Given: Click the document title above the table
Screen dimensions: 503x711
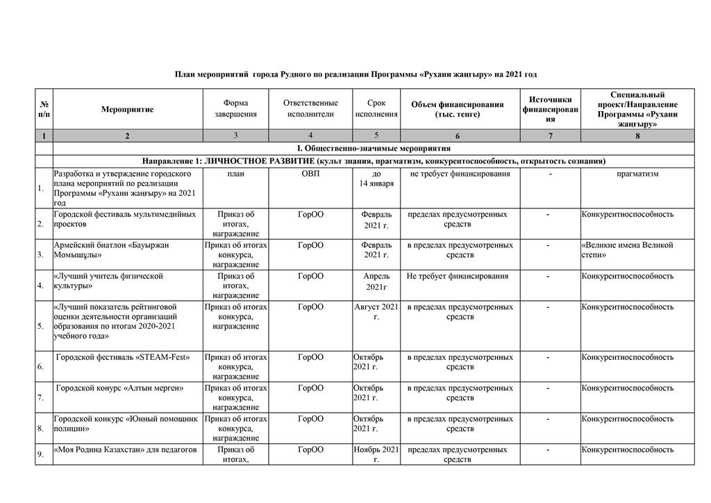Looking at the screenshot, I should click(355, 74).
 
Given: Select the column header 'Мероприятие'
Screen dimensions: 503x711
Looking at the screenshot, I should click(127, 109).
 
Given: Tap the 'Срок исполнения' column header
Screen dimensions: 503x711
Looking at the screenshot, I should click(376, 109).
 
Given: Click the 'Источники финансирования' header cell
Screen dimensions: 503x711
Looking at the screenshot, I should click(550, 109).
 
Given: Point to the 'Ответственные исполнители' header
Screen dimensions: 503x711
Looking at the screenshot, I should click(310, 109).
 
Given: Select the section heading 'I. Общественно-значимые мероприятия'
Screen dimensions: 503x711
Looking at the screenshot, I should click(374, 148).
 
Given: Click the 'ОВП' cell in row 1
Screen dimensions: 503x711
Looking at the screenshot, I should click(310, 174).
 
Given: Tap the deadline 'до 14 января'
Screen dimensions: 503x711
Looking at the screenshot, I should click(376, 179).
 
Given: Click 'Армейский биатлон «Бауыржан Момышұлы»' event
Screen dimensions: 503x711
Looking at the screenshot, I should click(112, 250).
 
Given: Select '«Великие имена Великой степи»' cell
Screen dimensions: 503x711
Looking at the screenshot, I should click(628, 250).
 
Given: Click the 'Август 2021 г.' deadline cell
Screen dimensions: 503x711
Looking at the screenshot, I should click(376, 311).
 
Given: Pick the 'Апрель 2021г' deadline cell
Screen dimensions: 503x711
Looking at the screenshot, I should click(376, 281).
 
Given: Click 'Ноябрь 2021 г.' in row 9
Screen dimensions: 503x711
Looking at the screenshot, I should click(376, 454).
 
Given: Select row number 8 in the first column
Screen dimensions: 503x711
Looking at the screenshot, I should click(40, 429).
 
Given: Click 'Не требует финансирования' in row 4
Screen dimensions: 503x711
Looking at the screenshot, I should click(458, 277).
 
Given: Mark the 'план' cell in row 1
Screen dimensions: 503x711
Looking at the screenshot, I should click(235, 174).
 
